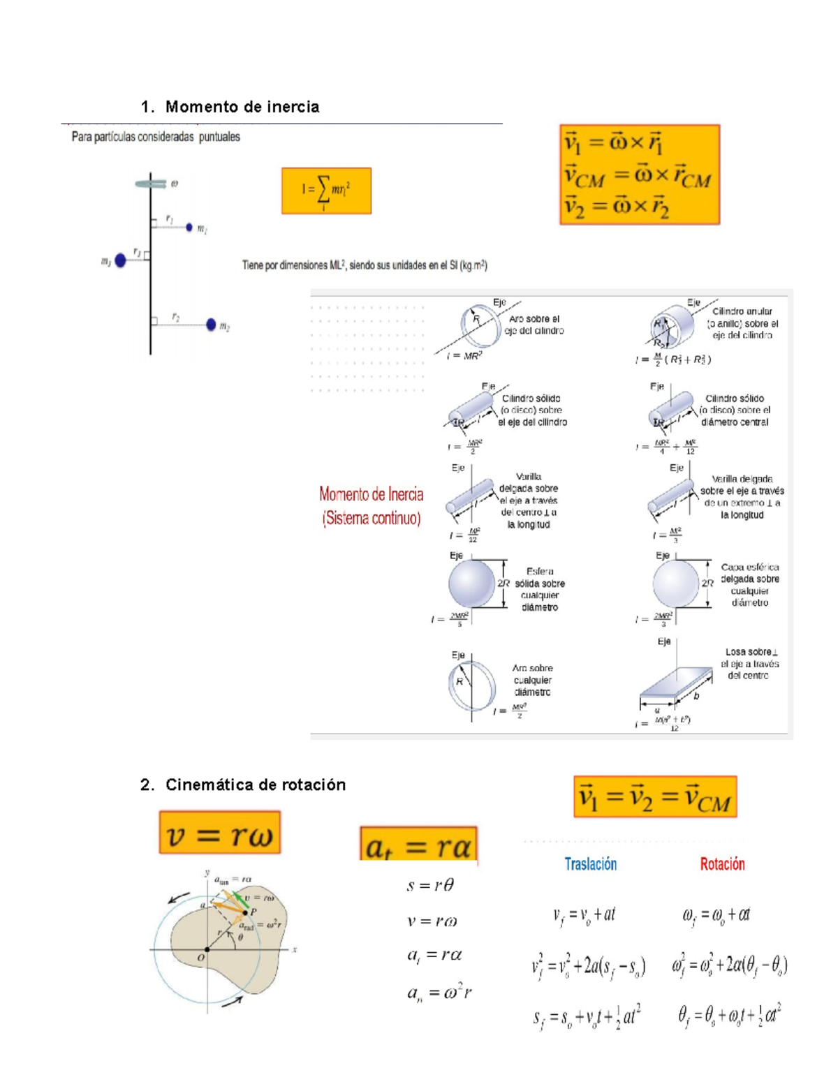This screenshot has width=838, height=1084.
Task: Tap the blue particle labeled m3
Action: [x=120, y=260]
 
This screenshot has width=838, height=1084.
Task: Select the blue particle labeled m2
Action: [x=211, y=325]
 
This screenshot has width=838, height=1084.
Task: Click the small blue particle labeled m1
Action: [x=189, y=228]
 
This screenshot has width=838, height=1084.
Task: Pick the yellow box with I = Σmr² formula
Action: [x=326, y=191]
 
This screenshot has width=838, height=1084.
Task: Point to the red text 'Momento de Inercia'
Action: [x=371, y=494]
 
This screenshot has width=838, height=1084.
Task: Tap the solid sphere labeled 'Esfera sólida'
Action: [x=471, y=584]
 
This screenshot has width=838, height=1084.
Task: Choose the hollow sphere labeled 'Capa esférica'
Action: [x=675, y=584]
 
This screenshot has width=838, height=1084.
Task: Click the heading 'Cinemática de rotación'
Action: [x=255, y=785]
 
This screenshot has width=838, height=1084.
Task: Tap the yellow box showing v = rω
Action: [x=219, y=833]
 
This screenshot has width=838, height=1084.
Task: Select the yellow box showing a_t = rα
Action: [x=418, y=845]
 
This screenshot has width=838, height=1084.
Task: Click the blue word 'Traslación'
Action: [x=590, y=864]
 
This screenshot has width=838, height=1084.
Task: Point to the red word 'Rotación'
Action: [x=722, y=864]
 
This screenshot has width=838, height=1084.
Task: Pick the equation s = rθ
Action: [x=430, y=886]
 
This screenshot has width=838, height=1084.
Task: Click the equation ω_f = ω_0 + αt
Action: [x=716, y=914]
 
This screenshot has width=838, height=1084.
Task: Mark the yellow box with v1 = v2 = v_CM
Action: [x=655, y=797]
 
